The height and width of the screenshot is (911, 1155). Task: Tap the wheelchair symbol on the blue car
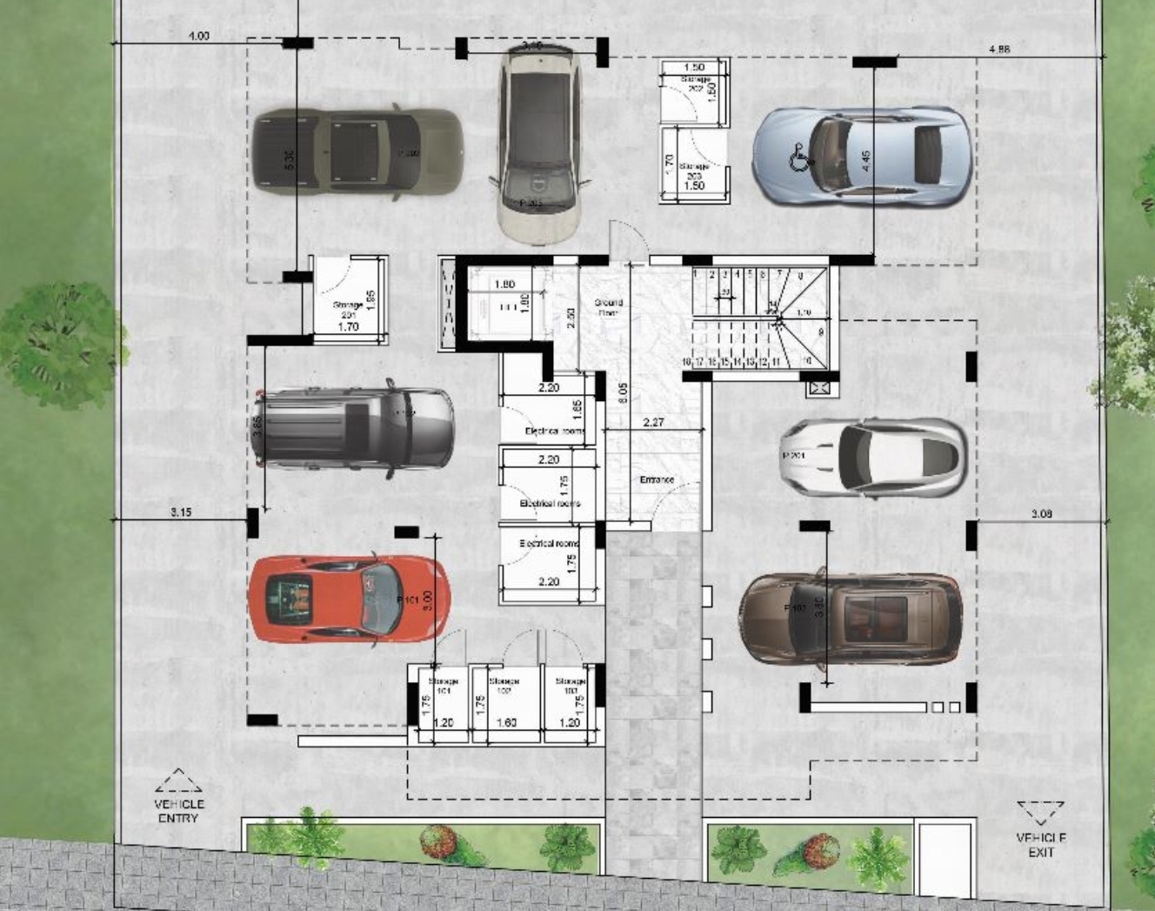[x=798, y=159]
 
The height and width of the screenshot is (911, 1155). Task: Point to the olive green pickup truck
[x=357, y=153]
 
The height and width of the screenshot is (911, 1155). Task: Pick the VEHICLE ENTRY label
[x=179, y=811]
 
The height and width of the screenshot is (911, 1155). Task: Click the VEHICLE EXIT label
[x=1041, y=845]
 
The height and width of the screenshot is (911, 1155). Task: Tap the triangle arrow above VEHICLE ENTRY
[x=178, y=780]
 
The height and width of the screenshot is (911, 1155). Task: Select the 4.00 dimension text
[x=198, y=37]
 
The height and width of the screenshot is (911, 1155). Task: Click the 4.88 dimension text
[x=999, y=50]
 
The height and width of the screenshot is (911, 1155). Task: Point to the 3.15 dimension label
[x=180, y=512]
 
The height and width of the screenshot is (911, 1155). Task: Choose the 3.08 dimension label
[x=1041, y=514]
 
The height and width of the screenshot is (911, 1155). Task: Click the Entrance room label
[x=657, y=479]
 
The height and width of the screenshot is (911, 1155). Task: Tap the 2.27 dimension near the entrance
[x=653, y=423]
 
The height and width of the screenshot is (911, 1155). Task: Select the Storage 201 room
[x=348, y=300]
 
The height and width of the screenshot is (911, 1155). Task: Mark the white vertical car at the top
[x=538, y=144]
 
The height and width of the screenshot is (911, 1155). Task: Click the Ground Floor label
[x=608, y=307]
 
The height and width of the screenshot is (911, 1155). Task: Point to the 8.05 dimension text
[x=623, y=393]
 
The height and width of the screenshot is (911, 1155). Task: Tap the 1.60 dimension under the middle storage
[x=505, y=722]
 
